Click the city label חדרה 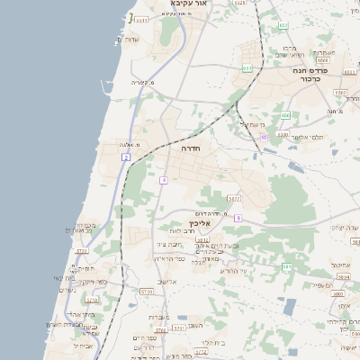tap(190, 148)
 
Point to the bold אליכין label tap(199, 222)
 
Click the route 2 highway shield tap(127, 157)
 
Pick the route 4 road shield tap(164, 180)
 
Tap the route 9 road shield tap(237, 218)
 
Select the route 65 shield tap(264, 137)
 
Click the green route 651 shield tap(247, 67)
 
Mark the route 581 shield tap(286, 266)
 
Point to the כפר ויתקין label tap(94, 282)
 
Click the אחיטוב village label tap(340, 265)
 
